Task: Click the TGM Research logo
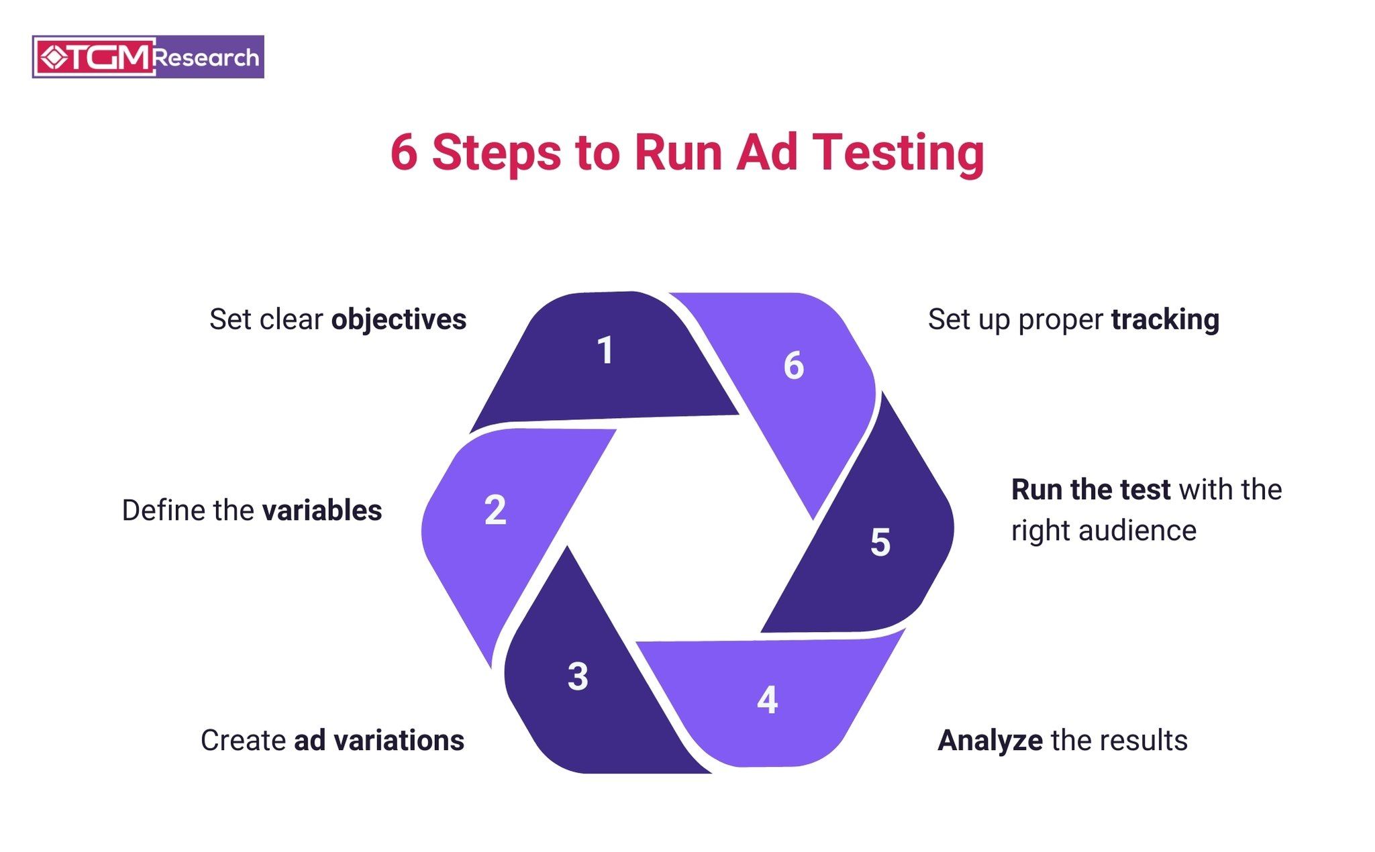click(x=148, y=57)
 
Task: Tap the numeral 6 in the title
click(x=404, y=152)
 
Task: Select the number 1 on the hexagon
click(x=605, y=350)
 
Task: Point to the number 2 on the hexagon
click(x=495, y=510)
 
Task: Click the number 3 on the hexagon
click(x=578, y=676)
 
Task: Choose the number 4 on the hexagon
click(x=767, y=700)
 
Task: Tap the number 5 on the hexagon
click(x=880, y=542)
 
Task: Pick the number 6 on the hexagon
click(x=794, y=366)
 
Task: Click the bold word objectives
click(x=399, y=320)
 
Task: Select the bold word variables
click(x=322, y=511)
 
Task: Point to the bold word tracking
click(x=1165, y=320)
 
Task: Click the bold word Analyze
click(x=990, y=741)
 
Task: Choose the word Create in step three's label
click(x=244, y=741)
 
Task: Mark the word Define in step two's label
click(x=164, y=511)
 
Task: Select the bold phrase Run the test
click(x=1090, y=490)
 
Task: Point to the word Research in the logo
click(x=205, y=58)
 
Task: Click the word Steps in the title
click(x=496, y=154)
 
